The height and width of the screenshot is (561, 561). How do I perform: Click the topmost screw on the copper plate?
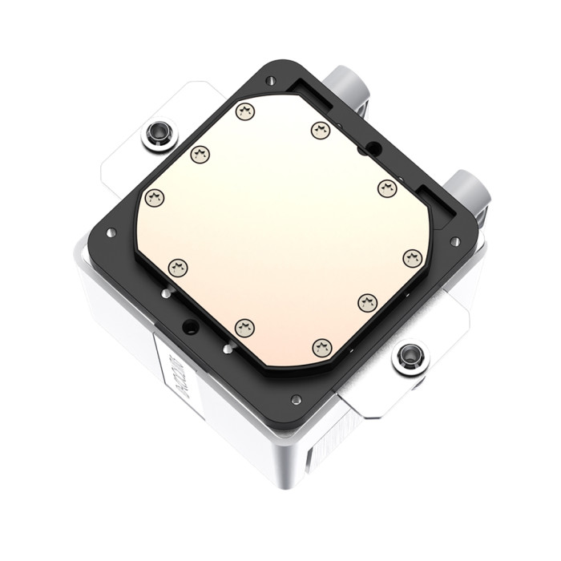coord(245,111)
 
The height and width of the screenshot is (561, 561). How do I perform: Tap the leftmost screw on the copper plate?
coord(154,197)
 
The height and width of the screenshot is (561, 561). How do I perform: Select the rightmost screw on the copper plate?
coord(413,258)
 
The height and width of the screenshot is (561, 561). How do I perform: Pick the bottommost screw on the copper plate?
coord(321,347)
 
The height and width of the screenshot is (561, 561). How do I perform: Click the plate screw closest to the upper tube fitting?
coord(321,130)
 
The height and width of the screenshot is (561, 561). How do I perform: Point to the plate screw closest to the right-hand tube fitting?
coord(387,188)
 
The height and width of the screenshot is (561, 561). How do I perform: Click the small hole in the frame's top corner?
coord(271,80)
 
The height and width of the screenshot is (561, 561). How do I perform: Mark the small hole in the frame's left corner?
coord(111,232)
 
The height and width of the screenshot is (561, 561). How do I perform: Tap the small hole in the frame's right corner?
coord(454,240)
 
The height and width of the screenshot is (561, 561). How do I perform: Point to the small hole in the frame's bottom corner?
coord(297,399)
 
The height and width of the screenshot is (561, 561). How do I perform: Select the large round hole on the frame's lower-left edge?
coord(190,325)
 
